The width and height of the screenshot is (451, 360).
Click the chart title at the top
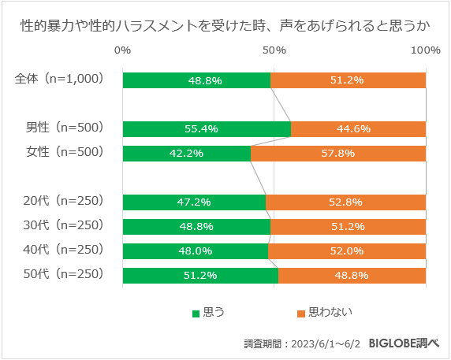[225, 25]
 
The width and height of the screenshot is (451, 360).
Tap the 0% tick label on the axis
[123, 51]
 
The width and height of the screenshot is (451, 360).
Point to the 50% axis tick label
[274, 51]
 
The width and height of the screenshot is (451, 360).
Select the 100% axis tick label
[426, 51]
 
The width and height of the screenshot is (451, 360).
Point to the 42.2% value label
[187, 154]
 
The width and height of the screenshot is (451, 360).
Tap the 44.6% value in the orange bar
[359, 129]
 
